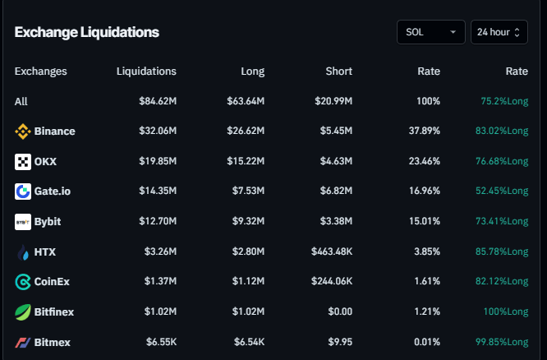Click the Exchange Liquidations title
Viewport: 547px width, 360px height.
[86, 32]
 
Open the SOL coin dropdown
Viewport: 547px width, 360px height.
[430, 32]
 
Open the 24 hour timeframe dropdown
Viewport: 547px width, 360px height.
[499, 32]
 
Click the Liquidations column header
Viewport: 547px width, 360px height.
[146, 72]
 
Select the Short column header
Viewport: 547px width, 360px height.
[338, 72]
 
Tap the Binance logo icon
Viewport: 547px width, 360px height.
[23, 132]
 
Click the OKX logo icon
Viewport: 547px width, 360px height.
[23, 161]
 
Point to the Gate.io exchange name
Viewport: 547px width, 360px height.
[53, 192]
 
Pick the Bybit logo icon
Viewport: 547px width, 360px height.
[23, 222]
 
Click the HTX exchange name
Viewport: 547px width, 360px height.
[45, 252]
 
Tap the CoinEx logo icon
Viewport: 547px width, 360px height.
[23, 282]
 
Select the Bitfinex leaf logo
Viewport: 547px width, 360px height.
[23, 312]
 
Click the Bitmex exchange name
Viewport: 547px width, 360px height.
[52, 342]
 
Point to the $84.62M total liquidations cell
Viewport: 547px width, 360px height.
[157, 101]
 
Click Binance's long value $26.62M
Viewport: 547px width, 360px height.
[246, 132]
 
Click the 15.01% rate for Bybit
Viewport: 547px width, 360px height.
[424, 222]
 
